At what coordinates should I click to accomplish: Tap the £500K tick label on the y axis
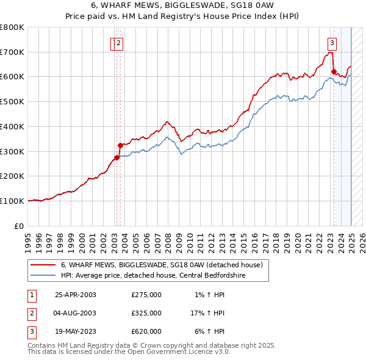pyautogui.click(x=12, y=101)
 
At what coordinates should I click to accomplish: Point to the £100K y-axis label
pyautogui.click(x=12, y=201)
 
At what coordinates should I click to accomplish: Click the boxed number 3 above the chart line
pyautogui.click(x=332, y=43)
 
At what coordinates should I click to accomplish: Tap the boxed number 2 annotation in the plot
pyautogui.click(x=118, y=43)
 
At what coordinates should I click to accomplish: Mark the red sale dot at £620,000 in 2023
pyautogui.click(x=334, y=71)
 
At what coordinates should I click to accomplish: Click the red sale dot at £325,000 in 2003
pyautogui.click(x=120, y=145)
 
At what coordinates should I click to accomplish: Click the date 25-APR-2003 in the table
pyautogui.click(x=76, y=295)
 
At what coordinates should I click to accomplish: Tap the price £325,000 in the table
pyautogui.click(x=146, y=313)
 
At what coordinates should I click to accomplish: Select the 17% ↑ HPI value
pyautogui.click(x=207, y=313)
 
